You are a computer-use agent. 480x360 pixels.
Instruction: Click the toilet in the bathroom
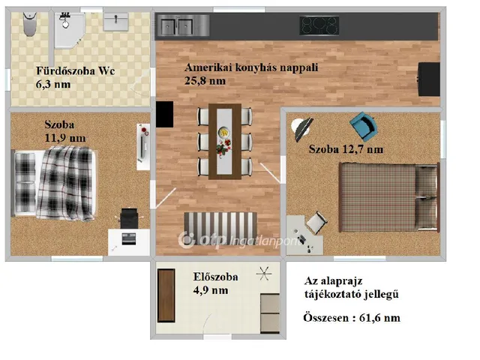coord(27,25)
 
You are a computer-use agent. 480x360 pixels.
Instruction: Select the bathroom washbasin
coord(116,23)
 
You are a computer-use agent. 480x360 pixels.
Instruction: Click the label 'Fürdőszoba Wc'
coord(75,72)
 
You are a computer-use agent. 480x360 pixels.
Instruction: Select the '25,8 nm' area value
coord(205,79)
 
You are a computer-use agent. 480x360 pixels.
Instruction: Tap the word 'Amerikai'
coord(205,66)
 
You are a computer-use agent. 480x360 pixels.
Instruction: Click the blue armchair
coord(365,126)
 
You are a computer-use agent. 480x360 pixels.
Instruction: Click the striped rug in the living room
coord(220,223)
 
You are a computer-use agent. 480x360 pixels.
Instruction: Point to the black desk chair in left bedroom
coord(129,218)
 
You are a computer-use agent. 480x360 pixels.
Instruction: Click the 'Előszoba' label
coord(215,277)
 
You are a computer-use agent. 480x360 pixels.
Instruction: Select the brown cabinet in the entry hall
coord(166,295)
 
